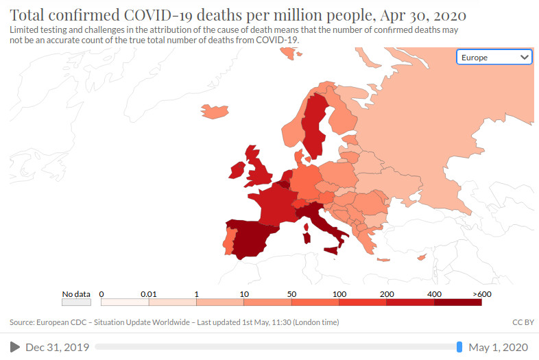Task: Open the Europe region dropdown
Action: pos(494,58)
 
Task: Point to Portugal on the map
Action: pos(229,241)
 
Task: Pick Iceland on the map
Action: pos(212,110)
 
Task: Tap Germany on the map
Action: pos(307,182)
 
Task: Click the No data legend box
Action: pos(76,301)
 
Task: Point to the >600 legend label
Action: pos(482,293)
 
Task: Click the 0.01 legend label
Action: pos(149,293)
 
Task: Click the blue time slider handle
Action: pos(459,347)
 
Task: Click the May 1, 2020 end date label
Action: pos(499,347)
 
